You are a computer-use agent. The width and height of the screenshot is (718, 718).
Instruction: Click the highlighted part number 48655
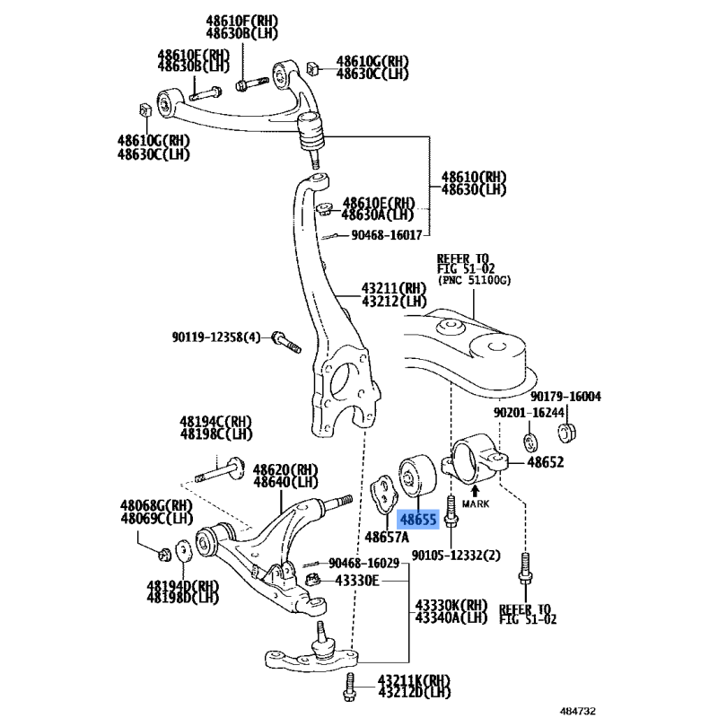pyautogui.click(x=418, y=520)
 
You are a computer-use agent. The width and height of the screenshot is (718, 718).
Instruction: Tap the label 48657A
pyautogui.click(x=387, y=537)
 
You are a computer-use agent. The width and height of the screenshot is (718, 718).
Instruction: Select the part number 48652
pyautogui.click(x=546, y=462)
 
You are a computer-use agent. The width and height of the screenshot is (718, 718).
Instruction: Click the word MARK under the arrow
pyautogui.click(x=476, y=503)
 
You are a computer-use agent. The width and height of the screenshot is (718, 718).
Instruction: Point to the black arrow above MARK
pyautogui.click(x=476, y=491)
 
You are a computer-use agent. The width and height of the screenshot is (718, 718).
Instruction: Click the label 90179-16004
pyautogui.click(x=565, y=397)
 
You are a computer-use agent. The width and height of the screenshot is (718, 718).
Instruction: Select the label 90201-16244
pyautogui.click(x=529, y=413)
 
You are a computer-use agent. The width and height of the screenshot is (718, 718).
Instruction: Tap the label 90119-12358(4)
pyautogui.click(x=216, y=337)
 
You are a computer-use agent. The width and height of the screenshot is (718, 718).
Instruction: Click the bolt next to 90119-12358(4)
pyautogui.click(x=286, y=342)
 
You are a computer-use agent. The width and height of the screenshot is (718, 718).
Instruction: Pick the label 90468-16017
pyautogui.click(x=387, y=235)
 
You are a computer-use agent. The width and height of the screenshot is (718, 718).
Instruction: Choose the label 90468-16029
pyautogui.click(x=364, y=563)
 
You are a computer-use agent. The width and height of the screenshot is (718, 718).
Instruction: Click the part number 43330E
pyautogui.click(x=357, y=581)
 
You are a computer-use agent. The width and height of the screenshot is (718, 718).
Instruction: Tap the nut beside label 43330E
pyautogui.click(x=312, y=580)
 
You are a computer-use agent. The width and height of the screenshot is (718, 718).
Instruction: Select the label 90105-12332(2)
pyautogui.click(x=456, y=556)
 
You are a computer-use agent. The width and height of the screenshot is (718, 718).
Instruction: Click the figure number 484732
pyautogui.click(x=578, y=711)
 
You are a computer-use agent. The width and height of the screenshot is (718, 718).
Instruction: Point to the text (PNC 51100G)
pyautogui.click(x=474, y=280)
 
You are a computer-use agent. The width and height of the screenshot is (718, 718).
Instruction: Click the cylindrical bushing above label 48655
pyautogui.click(x=417, y=476)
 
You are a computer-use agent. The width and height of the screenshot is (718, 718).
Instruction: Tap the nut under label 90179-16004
pyautogui.click(x=567, y=433)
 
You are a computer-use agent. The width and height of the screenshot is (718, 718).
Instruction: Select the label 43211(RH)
pyautogui.click(x=394, y=288)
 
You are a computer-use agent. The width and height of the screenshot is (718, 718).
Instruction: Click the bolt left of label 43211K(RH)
pyautogui.click(x=349, y=687)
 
